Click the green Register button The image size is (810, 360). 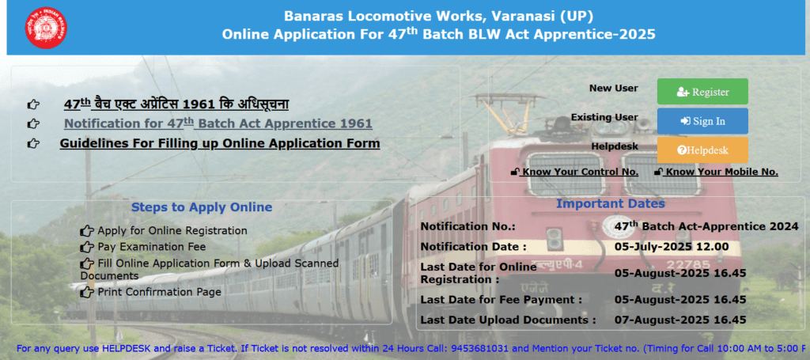pos(702,92)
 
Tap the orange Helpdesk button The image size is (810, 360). pos(702,150)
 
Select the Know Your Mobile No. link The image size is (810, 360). pos(716,172)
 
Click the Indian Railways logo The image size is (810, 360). pos(46,28)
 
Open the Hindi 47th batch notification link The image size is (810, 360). pos(176,104)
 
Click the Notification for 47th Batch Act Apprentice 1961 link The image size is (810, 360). pos(218,123)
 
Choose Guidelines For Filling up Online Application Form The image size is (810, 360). pos(220,143)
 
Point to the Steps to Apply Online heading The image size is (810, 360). pos(202,207)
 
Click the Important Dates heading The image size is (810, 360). pos(611,203)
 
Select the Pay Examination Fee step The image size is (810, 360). pos(151,246)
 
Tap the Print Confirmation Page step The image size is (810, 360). pos(159,292)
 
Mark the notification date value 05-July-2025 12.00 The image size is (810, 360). pos(672,246)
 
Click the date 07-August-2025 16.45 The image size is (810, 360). pos(680,320)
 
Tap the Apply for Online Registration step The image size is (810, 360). pos(172,230)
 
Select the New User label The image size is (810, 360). pos(614,89)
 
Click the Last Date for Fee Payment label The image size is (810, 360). pos(501,300)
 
